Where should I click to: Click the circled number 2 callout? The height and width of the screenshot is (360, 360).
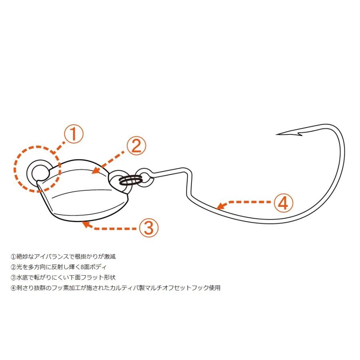136,146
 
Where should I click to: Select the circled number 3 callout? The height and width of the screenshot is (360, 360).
148,228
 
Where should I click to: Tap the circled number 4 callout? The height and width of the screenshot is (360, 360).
283,203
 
